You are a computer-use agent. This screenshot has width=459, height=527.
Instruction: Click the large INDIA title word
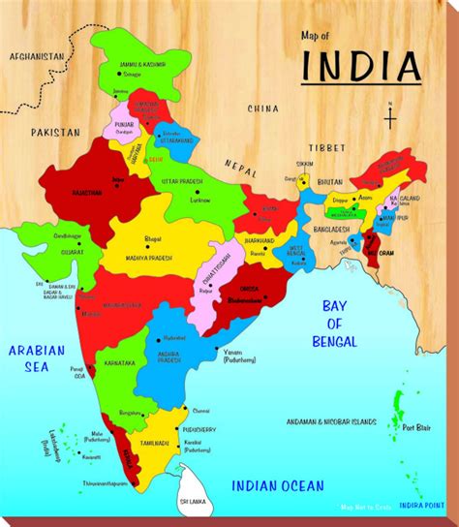point(362,65)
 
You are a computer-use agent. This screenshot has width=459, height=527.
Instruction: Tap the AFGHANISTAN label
point(36,57)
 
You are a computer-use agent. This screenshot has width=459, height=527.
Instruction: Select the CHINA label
point(262,108)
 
